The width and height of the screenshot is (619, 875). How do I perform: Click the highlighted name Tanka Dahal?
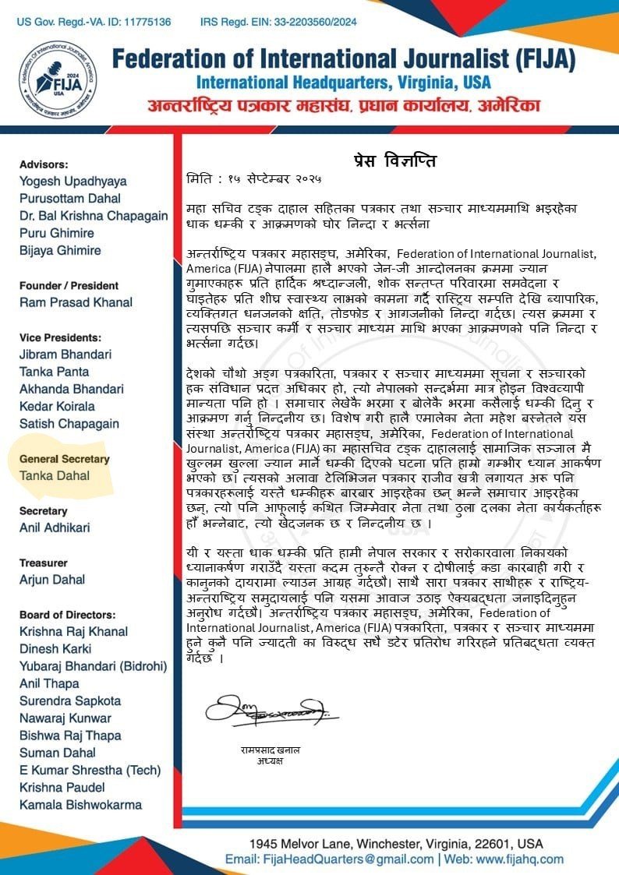click(55, 476)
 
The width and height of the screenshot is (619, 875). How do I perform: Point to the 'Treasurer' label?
click(44, 563)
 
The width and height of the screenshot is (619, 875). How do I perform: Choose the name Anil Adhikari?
click(55, 527)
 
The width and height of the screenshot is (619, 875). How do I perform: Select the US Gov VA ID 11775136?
click(143, 21)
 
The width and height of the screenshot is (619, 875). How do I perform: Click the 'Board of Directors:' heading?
click(67, 615)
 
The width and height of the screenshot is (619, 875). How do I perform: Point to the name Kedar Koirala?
click(57, 406)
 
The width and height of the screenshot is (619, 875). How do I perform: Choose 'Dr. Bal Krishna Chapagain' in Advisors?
click(94, 216)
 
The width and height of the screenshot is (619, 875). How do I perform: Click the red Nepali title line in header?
click(343, 106)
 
